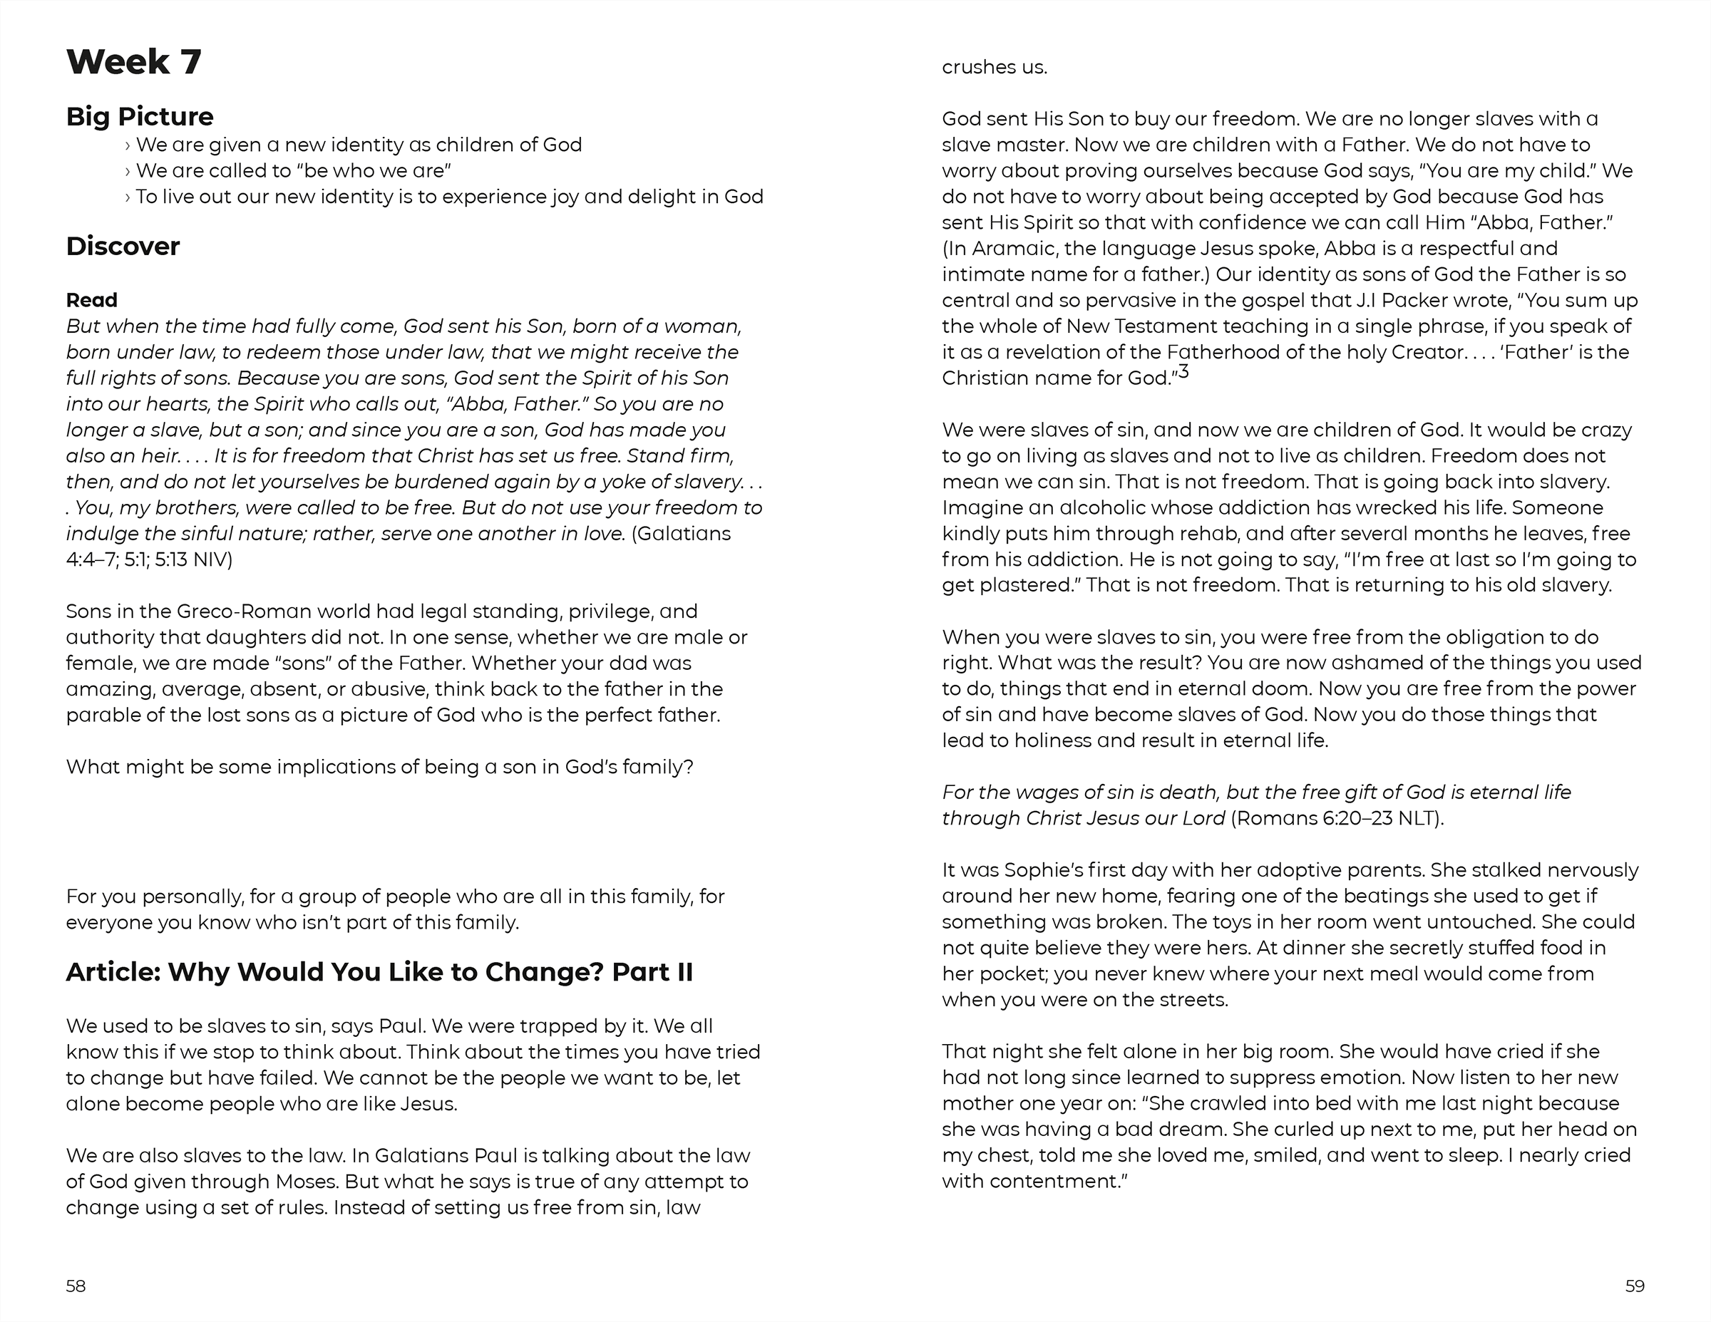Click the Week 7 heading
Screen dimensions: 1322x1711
(134, 62)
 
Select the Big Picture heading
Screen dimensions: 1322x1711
(140, 117)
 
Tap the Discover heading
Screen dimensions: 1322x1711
(123, 247)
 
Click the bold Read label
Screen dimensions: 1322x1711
(92, 300)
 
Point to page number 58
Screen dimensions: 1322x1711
(76, 1286)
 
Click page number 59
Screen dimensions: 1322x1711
(1635, 1286)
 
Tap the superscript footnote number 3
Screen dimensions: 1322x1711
(1183, 372)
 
